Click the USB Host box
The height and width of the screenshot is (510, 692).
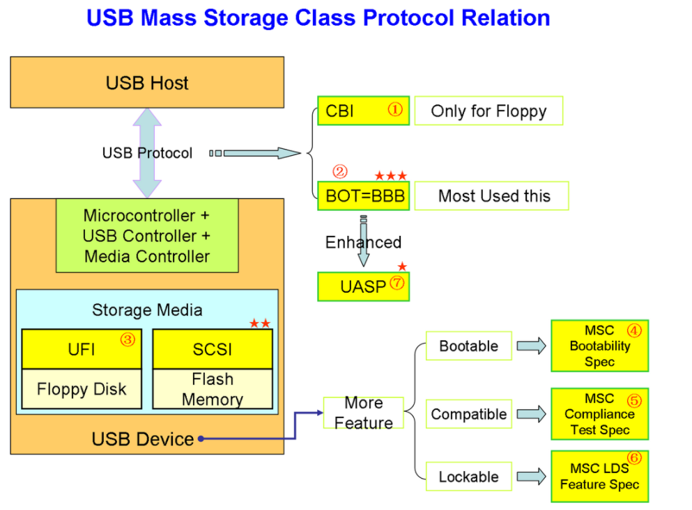click(147, 83)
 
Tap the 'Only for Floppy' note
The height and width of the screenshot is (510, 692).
click(488, 111)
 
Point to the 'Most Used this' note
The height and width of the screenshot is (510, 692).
click(493, 196)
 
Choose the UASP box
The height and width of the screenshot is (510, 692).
click(363, 286)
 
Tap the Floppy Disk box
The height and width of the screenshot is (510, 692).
click(82, 388)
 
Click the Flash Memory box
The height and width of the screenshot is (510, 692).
click(212, 389)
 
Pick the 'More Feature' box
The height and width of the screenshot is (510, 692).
click(363, 413)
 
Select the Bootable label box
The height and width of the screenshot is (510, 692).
click(468, 346)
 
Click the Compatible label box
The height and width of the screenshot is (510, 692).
click(468, 414)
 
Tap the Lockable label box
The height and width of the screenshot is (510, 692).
click(468, 477)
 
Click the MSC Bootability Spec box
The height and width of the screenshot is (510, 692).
click(599, 346)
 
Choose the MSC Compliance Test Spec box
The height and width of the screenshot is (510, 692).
click(599, 414)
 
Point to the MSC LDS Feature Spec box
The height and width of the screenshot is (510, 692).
click(599, 477)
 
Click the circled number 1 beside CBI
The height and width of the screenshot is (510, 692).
click(395, 110)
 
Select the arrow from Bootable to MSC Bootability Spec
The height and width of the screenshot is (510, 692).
click(531, 346)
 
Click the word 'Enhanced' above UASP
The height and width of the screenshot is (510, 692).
click(363, 242)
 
